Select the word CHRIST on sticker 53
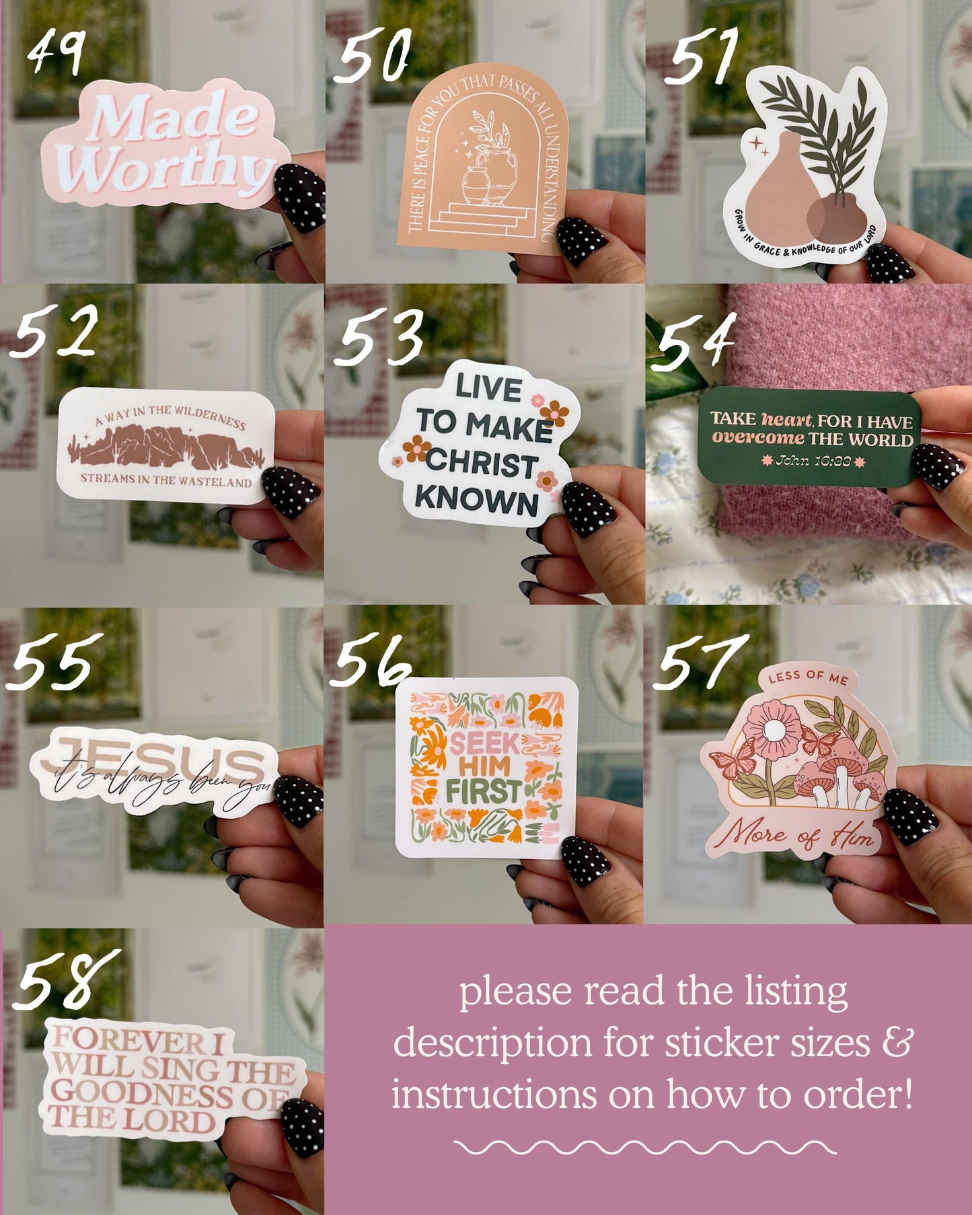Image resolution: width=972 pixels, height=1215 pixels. [x=482, y=464]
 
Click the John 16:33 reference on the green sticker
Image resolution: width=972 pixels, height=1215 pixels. [x=813, y=461]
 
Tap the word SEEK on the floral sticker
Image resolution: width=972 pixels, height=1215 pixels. [x=484, y=744]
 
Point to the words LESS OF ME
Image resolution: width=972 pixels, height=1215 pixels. [x=808, y=677]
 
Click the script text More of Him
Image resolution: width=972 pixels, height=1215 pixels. [x=798, y=836]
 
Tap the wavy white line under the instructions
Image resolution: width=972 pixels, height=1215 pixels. [x=644, y=1148]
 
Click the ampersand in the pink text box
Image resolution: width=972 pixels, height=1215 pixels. [x=897, y=1043]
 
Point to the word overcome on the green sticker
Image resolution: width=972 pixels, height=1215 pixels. [x=758, y=438]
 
